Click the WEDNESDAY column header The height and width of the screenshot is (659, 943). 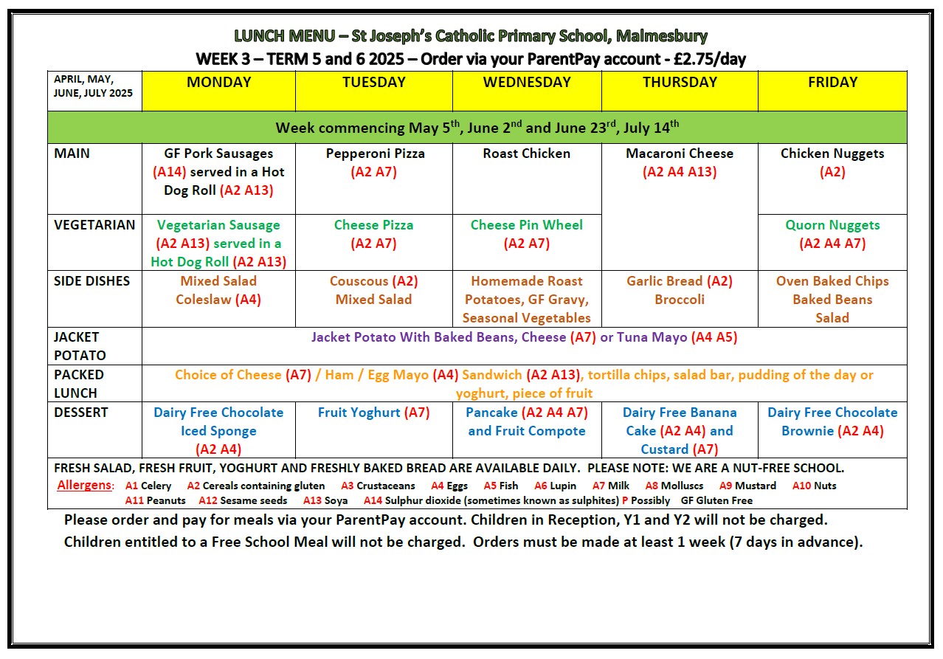(x=527, y=83)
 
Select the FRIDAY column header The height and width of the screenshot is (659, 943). (x=832, y=83)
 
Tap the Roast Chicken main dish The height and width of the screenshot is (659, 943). (x=527, y=153)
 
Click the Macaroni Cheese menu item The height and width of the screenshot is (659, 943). (x=680, y=153)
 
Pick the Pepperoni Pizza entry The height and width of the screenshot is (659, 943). (x=373, y=153)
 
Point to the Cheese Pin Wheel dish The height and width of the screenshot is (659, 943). (x=527, y=225)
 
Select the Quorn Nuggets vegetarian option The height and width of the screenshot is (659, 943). (x=832, y=225)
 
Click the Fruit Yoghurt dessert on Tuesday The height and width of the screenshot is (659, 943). (x=359, y=413)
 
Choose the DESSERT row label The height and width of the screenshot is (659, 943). (x=81, y=413)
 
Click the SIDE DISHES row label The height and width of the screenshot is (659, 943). (x=92, y=281)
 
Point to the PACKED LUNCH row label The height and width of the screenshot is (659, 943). (x=79, y=384)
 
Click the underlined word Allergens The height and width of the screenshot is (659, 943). (x=85, y=486)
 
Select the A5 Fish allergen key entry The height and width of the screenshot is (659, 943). (x=501, y=486)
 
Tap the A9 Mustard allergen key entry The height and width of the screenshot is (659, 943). (x=747, y=486)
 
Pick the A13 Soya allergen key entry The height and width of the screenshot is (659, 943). (x=325, y=500)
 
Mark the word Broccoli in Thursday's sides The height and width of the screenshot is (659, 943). (x=680, y=300)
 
